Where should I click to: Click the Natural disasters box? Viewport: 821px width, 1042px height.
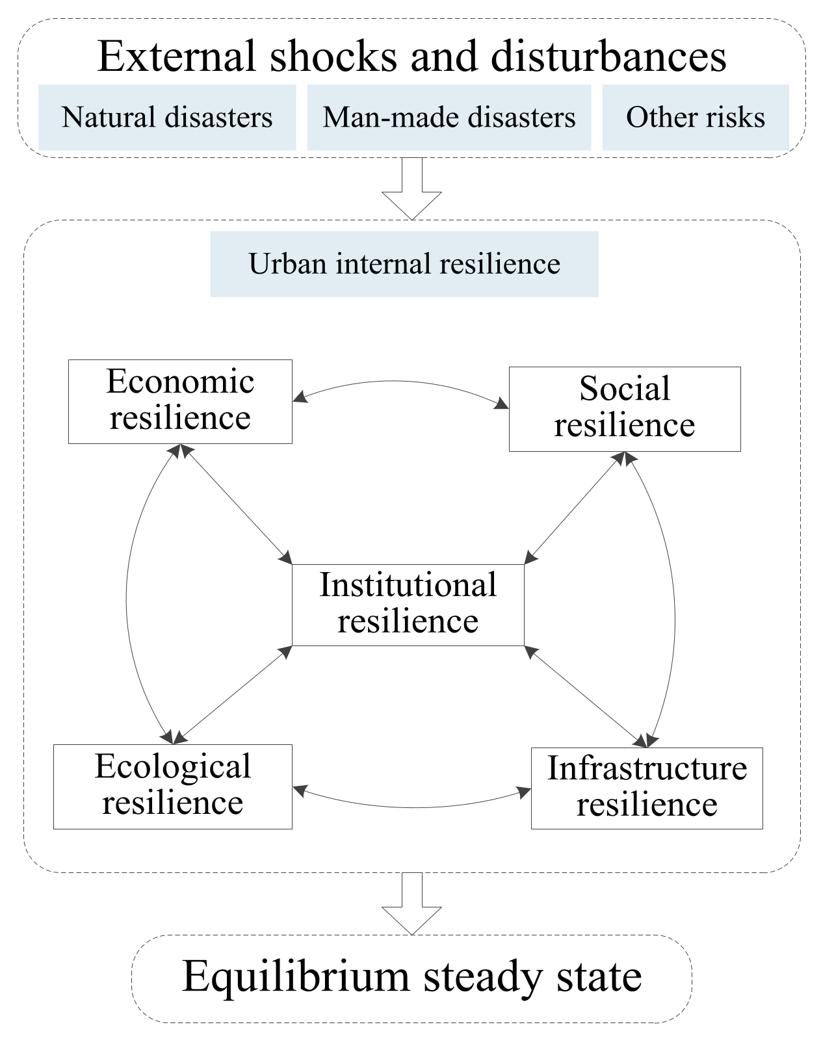click(167, 118)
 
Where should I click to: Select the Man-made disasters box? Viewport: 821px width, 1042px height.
click(449, 118)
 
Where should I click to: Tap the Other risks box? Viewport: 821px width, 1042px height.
click(695, 118)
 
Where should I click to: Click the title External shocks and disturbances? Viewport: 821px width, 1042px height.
click(411, 56)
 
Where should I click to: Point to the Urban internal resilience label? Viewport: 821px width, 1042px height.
click(404, 264)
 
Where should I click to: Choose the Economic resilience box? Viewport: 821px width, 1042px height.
click(180, 401)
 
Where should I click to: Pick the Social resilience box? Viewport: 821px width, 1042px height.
click(624, 408)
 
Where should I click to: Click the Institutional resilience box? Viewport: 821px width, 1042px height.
click(408, 604)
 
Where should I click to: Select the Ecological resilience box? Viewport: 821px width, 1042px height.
click(172, 786)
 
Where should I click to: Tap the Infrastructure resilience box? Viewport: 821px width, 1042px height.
click(646, 787)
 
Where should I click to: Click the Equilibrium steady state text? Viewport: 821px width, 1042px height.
click(411, 977)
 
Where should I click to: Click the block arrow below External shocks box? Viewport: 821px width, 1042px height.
click(411, 189)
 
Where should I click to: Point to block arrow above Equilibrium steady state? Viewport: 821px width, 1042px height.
click(411, 904)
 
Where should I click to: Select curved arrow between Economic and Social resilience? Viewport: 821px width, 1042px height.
click(397, 381)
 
